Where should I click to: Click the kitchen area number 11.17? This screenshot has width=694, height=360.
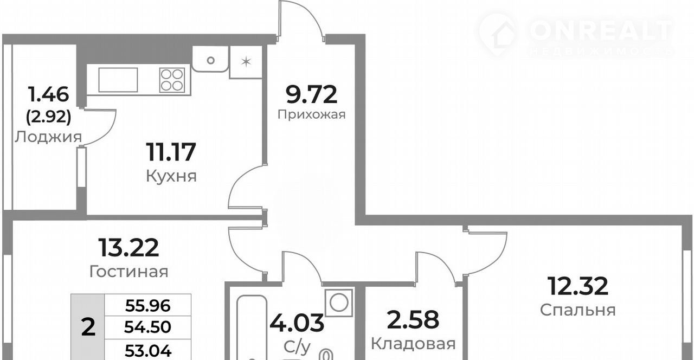point(171,152)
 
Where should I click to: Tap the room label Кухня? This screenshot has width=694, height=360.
point(171,176)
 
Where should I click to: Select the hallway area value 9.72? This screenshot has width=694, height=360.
point(311,94)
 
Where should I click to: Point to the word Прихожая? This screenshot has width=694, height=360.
point(311,114)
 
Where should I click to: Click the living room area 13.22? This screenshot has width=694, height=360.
point(128,248)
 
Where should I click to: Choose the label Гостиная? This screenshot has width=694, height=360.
point(128,272)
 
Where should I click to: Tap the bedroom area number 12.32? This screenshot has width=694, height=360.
point(578,286)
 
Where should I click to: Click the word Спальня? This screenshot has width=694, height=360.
point(578,310)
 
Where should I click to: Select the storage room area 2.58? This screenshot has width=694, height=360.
point(413,319)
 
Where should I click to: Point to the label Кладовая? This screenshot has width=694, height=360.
point(413,344)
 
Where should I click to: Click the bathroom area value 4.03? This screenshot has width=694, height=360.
point(297,323)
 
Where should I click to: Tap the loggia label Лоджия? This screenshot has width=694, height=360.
point(48,137)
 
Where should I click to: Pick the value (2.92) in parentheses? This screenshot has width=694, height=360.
point(49,117)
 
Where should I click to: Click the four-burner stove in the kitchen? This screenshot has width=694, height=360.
point(172,80)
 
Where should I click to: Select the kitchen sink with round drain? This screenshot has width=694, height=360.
point(210,59)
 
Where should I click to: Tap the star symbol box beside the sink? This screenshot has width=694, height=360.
point(246,62)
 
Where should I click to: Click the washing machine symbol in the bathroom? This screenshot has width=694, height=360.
point(339,303)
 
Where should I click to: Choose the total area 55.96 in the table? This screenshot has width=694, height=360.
point(148,306)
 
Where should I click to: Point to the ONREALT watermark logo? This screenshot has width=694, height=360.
point(576,35)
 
